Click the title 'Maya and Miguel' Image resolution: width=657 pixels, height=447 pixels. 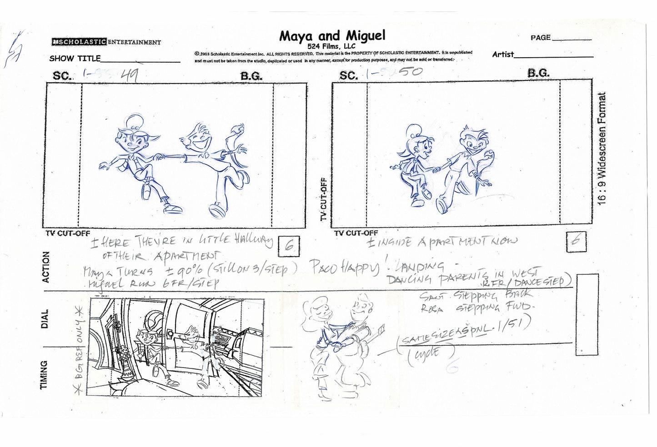(x=332, y=35)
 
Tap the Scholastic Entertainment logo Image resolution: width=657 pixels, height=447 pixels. (x=106, y=42)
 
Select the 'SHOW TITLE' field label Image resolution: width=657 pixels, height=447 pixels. (x=75, y=59)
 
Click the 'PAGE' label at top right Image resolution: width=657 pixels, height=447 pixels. (x=541, y=38)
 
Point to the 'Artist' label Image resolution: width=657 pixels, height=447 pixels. (x=503, y=55)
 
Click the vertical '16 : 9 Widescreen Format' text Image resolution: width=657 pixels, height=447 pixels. (x=602, y=149)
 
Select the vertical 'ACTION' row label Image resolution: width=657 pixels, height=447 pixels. (x=46, y=267)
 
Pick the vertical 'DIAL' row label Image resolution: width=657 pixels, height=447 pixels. (x=45, y=319)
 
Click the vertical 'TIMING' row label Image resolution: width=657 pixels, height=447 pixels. (x=44, y=375)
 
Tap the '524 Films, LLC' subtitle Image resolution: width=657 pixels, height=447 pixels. (x=331, y=46)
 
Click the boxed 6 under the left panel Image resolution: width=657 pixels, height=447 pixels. (x=290, y=246)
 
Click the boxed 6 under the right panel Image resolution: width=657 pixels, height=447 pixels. (x=576, y=242)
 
